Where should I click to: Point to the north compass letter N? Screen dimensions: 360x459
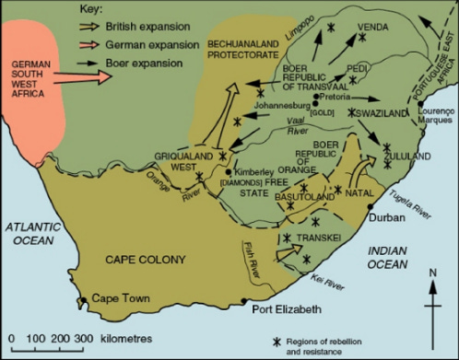[432, 272]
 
